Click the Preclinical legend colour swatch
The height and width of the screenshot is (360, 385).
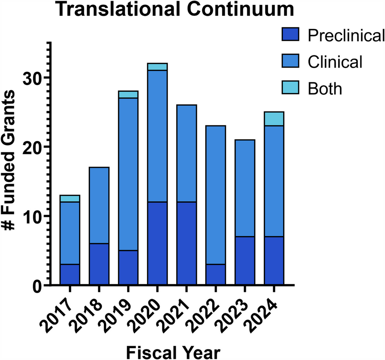click(x=291, y=36)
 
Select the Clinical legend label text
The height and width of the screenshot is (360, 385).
click(x=335, y=62)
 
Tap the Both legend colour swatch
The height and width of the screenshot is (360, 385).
click(x=291, y=88)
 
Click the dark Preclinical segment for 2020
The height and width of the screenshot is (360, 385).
click(x=157, y=243)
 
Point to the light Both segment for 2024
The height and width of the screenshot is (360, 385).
click(x=274, y=119)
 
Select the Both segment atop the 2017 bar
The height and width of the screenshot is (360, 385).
click(x=70, y=199)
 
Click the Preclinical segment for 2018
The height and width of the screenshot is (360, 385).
click(x=99, y=264)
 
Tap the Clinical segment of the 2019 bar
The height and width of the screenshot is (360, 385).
click(x=128, y=174)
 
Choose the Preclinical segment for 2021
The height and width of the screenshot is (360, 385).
click(x=186, y=243)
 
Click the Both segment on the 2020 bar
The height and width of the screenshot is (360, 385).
click(x=157, y=66)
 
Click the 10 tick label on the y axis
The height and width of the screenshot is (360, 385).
click(x=32, y=216)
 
